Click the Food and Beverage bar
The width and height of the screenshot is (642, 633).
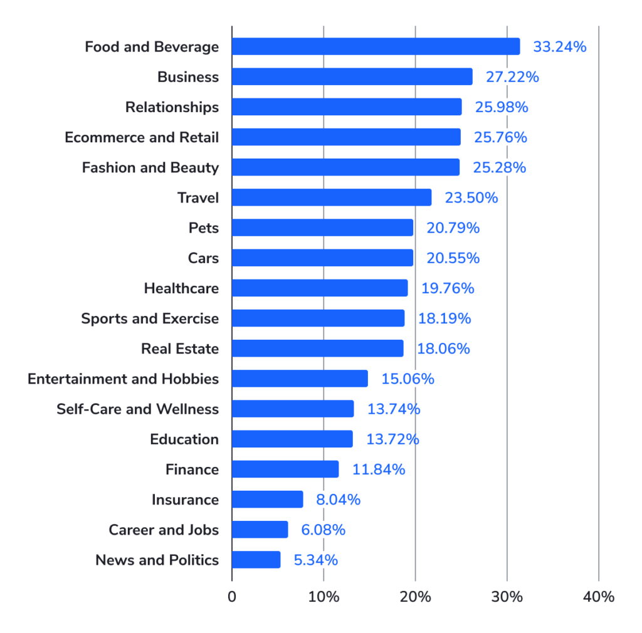tap(376, 46)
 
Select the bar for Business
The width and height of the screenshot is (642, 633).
tap(352, 76)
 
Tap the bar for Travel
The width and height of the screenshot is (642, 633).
tap(332, 197)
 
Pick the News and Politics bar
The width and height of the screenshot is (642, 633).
tap(256, 560)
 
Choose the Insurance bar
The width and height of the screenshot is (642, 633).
tap(267, 500)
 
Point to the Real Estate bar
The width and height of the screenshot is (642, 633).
tap(317, 348)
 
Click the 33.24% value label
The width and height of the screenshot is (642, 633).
tap(559, 46)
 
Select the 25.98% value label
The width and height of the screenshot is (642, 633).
tap(501, 107)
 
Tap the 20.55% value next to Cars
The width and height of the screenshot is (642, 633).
tap(453, 258)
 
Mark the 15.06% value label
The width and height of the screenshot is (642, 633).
tap(408, 379)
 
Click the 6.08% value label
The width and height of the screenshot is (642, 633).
tap(323, 530)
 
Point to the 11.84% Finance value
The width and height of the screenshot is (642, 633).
tap(379, 469)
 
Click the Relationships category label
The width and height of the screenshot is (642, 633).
tap(172, 107)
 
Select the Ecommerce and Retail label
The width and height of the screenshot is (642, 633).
tap(142, 137)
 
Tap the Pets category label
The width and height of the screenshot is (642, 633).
tap(204, 228)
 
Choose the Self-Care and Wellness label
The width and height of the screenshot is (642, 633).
tap(137, 409)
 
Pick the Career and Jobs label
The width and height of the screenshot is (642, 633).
tap(164, 530)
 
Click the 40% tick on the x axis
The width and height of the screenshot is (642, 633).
tap(599, 597)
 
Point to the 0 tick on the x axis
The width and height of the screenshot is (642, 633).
tap(232, 597)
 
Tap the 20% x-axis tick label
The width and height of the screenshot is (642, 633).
tap(415, 597)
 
